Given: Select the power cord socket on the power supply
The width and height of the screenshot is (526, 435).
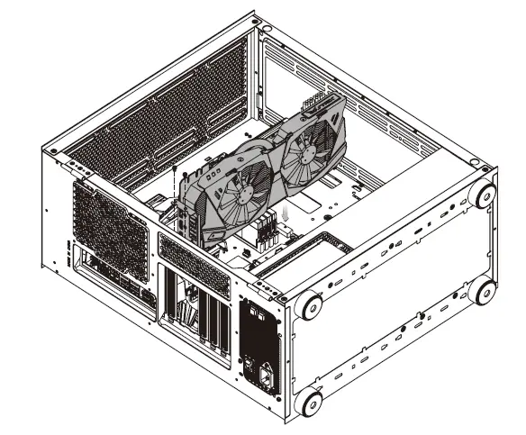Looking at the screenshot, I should pos(266,372).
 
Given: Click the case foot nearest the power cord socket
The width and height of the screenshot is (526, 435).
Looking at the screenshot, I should pos(309,400).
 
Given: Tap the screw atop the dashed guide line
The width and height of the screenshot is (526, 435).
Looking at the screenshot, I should pos(172,171).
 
